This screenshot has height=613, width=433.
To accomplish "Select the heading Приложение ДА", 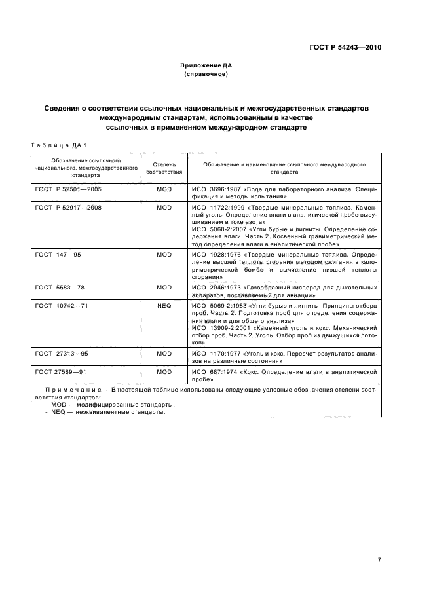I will tap(206, 66).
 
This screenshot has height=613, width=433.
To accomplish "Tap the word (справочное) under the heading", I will tap(206, 74).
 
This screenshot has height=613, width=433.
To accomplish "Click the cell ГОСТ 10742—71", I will tap(62, 305).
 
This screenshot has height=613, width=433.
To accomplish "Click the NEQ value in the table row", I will tap(164, 305).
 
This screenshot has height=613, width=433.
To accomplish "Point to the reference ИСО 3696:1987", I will tap(216, 189).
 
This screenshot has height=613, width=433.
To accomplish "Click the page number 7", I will tap(379, 540).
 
